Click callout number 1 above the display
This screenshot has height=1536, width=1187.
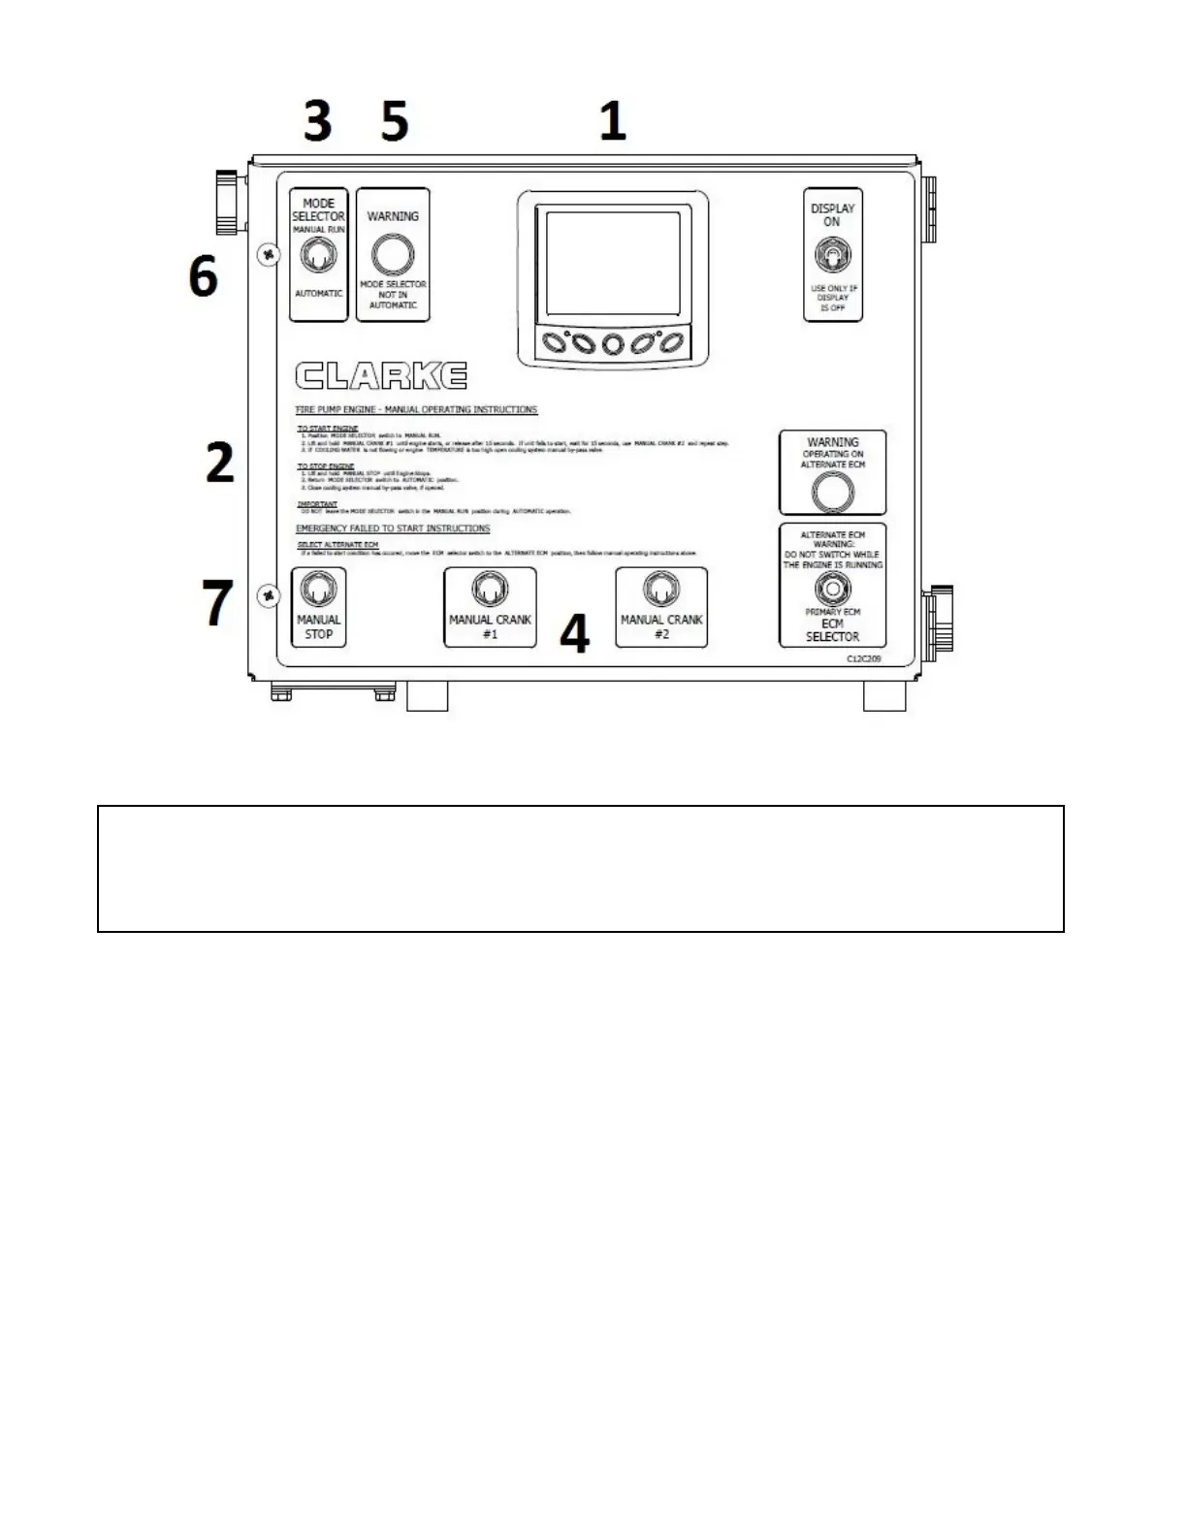612,122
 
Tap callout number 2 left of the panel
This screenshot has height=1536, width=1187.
220,463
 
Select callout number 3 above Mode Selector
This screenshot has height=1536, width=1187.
317,122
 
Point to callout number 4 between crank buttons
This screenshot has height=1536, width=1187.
575,635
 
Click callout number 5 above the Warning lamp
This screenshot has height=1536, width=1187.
394,122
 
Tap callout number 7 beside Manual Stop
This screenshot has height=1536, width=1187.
217,602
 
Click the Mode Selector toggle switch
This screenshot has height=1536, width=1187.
318,257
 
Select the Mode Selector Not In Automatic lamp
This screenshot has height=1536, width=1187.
393,255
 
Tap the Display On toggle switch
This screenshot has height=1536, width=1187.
832,257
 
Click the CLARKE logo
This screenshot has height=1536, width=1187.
381,376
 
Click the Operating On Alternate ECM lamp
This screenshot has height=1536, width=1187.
832,493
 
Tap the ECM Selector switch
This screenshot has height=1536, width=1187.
832,589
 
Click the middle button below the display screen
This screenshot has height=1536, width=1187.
612,344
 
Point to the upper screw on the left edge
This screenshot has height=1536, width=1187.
270,255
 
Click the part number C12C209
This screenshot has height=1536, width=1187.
863,658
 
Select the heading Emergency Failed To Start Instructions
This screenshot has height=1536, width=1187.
393,528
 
